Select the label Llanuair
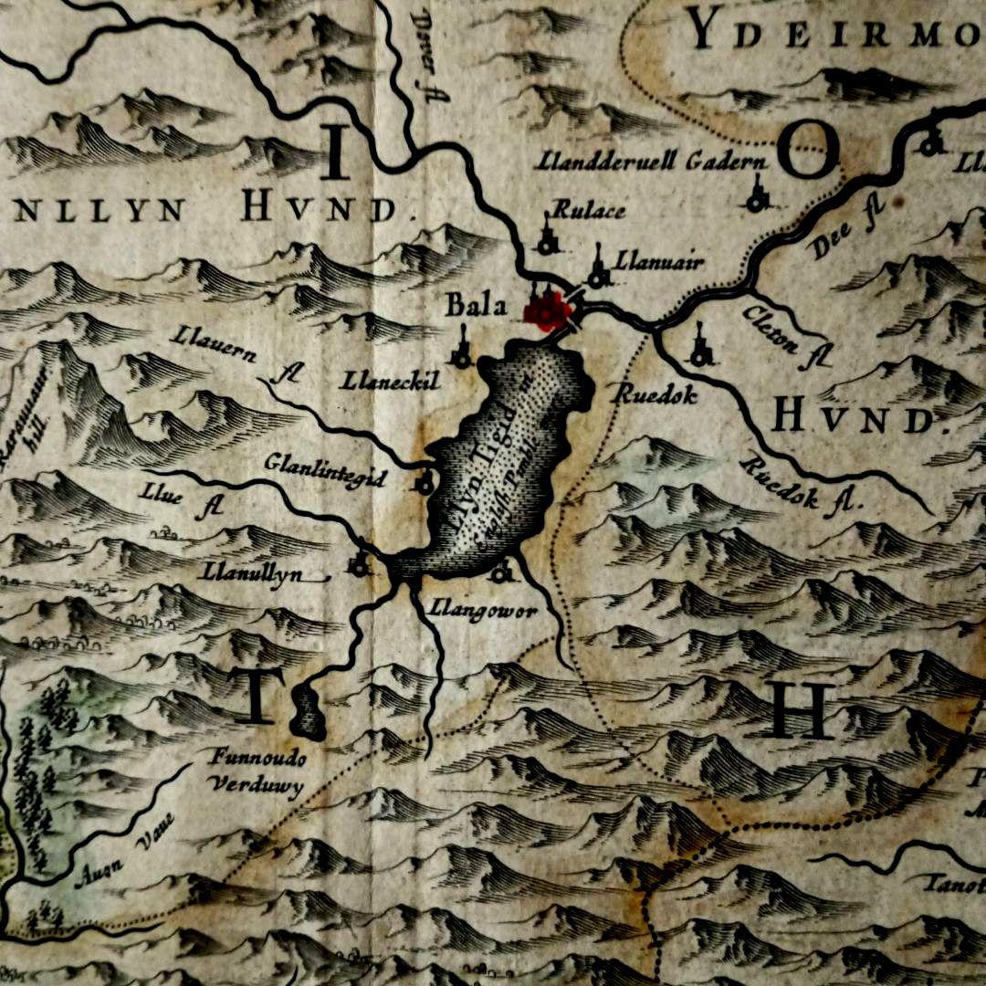[x=659, y=262]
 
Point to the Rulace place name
[x=589, y=211]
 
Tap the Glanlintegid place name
[x=325, y=470]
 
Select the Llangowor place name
[x=483, y=611]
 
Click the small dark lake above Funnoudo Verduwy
[x=308, y=713]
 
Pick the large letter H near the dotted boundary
[x=801, y=709]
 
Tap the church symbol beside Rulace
[x=548, y=238]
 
